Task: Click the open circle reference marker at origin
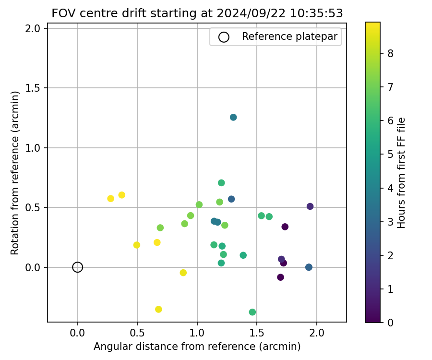tap(78, 267)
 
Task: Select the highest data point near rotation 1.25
tap(233, 117)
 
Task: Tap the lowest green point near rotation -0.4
tap(252, 312)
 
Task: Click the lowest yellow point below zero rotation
tap(158, 309)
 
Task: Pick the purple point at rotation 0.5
tap(310, 206)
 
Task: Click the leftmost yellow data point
tap(110, 198)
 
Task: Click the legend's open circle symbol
tap(224, 37)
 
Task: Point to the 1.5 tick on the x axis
tap(257, 333)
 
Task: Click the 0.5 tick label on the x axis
tap(137, 333)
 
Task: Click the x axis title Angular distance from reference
tap(197, 347)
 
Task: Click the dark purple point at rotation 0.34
tap(285, 227)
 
